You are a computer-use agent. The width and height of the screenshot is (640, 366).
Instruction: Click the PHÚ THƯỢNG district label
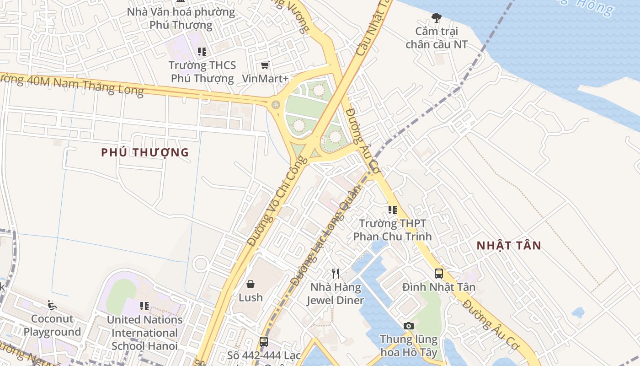point(145,152)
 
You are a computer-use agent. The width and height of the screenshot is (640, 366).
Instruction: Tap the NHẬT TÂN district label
point(509,245)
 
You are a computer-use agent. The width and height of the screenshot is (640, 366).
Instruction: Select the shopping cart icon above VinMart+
point(265,65)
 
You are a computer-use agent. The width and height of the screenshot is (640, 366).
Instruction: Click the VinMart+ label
point(265,78)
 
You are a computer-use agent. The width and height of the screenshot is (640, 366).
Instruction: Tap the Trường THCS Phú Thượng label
point(202,72)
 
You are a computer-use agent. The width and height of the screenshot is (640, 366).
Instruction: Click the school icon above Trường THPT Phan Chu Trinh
point(393,210)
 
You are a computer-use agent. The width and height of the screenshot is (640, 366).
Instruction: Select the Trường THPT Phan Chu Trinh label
point(393,230)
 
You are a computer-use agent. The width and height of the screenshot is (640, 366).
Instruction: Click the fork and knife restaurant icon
point(336,274)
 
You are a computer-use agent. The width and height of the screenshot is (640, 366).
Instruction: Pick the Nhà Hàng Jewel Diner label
point(336,294)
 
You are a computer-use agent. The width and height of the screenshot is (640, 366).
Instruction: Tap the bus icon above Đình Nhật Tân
point(439,274)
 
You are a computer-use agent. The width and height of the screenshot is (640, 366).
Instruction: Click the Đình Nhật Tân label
point(439,287)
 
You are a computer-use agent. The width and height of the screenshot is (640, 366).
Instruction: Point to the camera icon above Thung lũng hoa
point(409,326)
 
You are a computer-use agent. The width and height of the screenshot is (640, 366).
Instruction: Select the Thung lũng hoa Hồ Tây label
point(409,346)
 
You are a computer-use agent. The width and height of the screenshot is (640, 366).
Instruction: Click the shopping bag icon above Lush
point(251,284)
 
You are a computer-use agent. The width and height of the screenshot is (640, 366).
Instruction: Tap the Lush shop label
point(251,297)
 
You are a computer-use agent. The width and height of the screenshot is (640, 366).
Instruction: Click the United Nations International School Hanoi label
point(144,333)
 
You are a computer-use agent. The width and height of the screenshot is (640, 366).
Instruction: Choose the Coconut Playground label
point(52,325)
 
